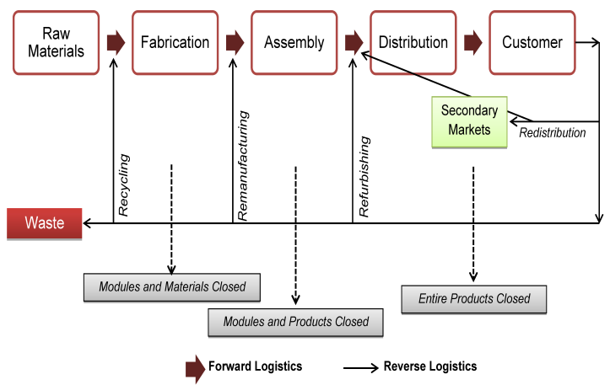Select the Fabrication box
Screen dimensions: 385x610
(175, 42)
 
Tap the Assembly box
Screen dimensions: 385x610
(294, 42)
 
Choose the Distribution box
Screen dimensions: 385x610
(413, 42)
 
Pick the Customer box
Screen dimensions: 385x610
(532, 42)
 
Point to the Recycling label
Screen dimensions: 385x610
(124, 185)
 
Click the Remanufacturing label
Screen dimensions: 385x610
(242, 164)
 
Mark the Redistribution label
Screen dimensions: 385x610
(552, 133)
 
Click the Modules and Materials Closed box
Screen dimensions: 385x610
(172, 287)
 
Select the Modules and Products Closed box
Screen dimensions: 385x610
(295, 322)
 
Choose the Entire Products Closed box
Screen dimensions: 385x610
(474, 299)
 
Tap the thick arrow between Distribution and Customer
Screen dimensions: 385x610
(473, 41)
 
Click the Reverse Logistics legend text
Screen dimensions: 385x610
(429, 366)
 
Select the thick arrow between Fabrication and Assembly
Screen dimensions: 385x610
(235, 41)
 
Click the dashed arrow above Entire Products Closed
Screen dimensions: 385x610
(473, 223)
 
